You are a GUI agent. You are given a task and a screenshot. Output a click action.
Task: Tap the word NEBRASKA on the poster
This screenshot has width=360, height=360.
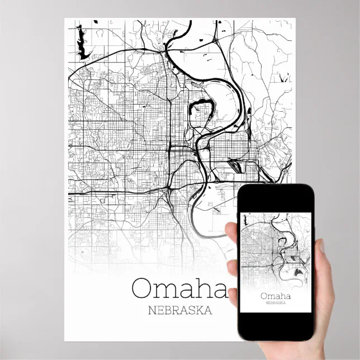click(178, 310)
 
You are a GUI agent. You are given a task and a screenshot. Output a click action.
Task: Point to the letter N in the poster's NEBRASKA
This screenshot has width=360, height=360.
click(149, 310)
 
